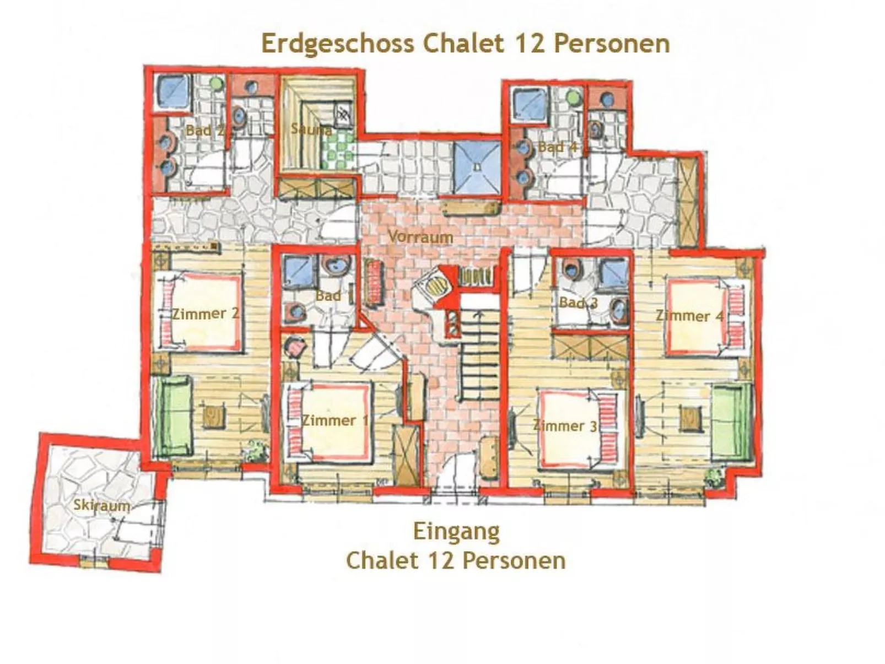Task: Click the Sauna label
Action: click(311, 129)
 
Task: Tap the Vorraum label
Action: click(420, 236)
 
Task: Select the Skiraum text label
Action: click(101, 505)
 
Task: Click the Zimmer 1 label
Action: click(335, 420)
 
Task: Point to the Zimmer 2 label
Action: click(206, 313)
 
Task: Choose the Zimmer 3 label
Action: click(564, 425)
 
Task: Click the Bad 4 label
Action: click(557, 147)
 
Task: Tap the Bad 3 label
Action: click(578, 303)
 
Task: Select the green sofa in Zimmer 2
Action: click(172, 417)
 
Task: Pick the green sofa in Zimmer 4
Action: click(731, 422)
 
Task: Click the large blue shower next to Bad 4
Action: click(477, 166)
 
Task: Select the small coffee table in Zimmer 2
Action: click(214, 416)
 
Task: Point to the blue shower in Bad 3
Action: click(614, 273)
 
